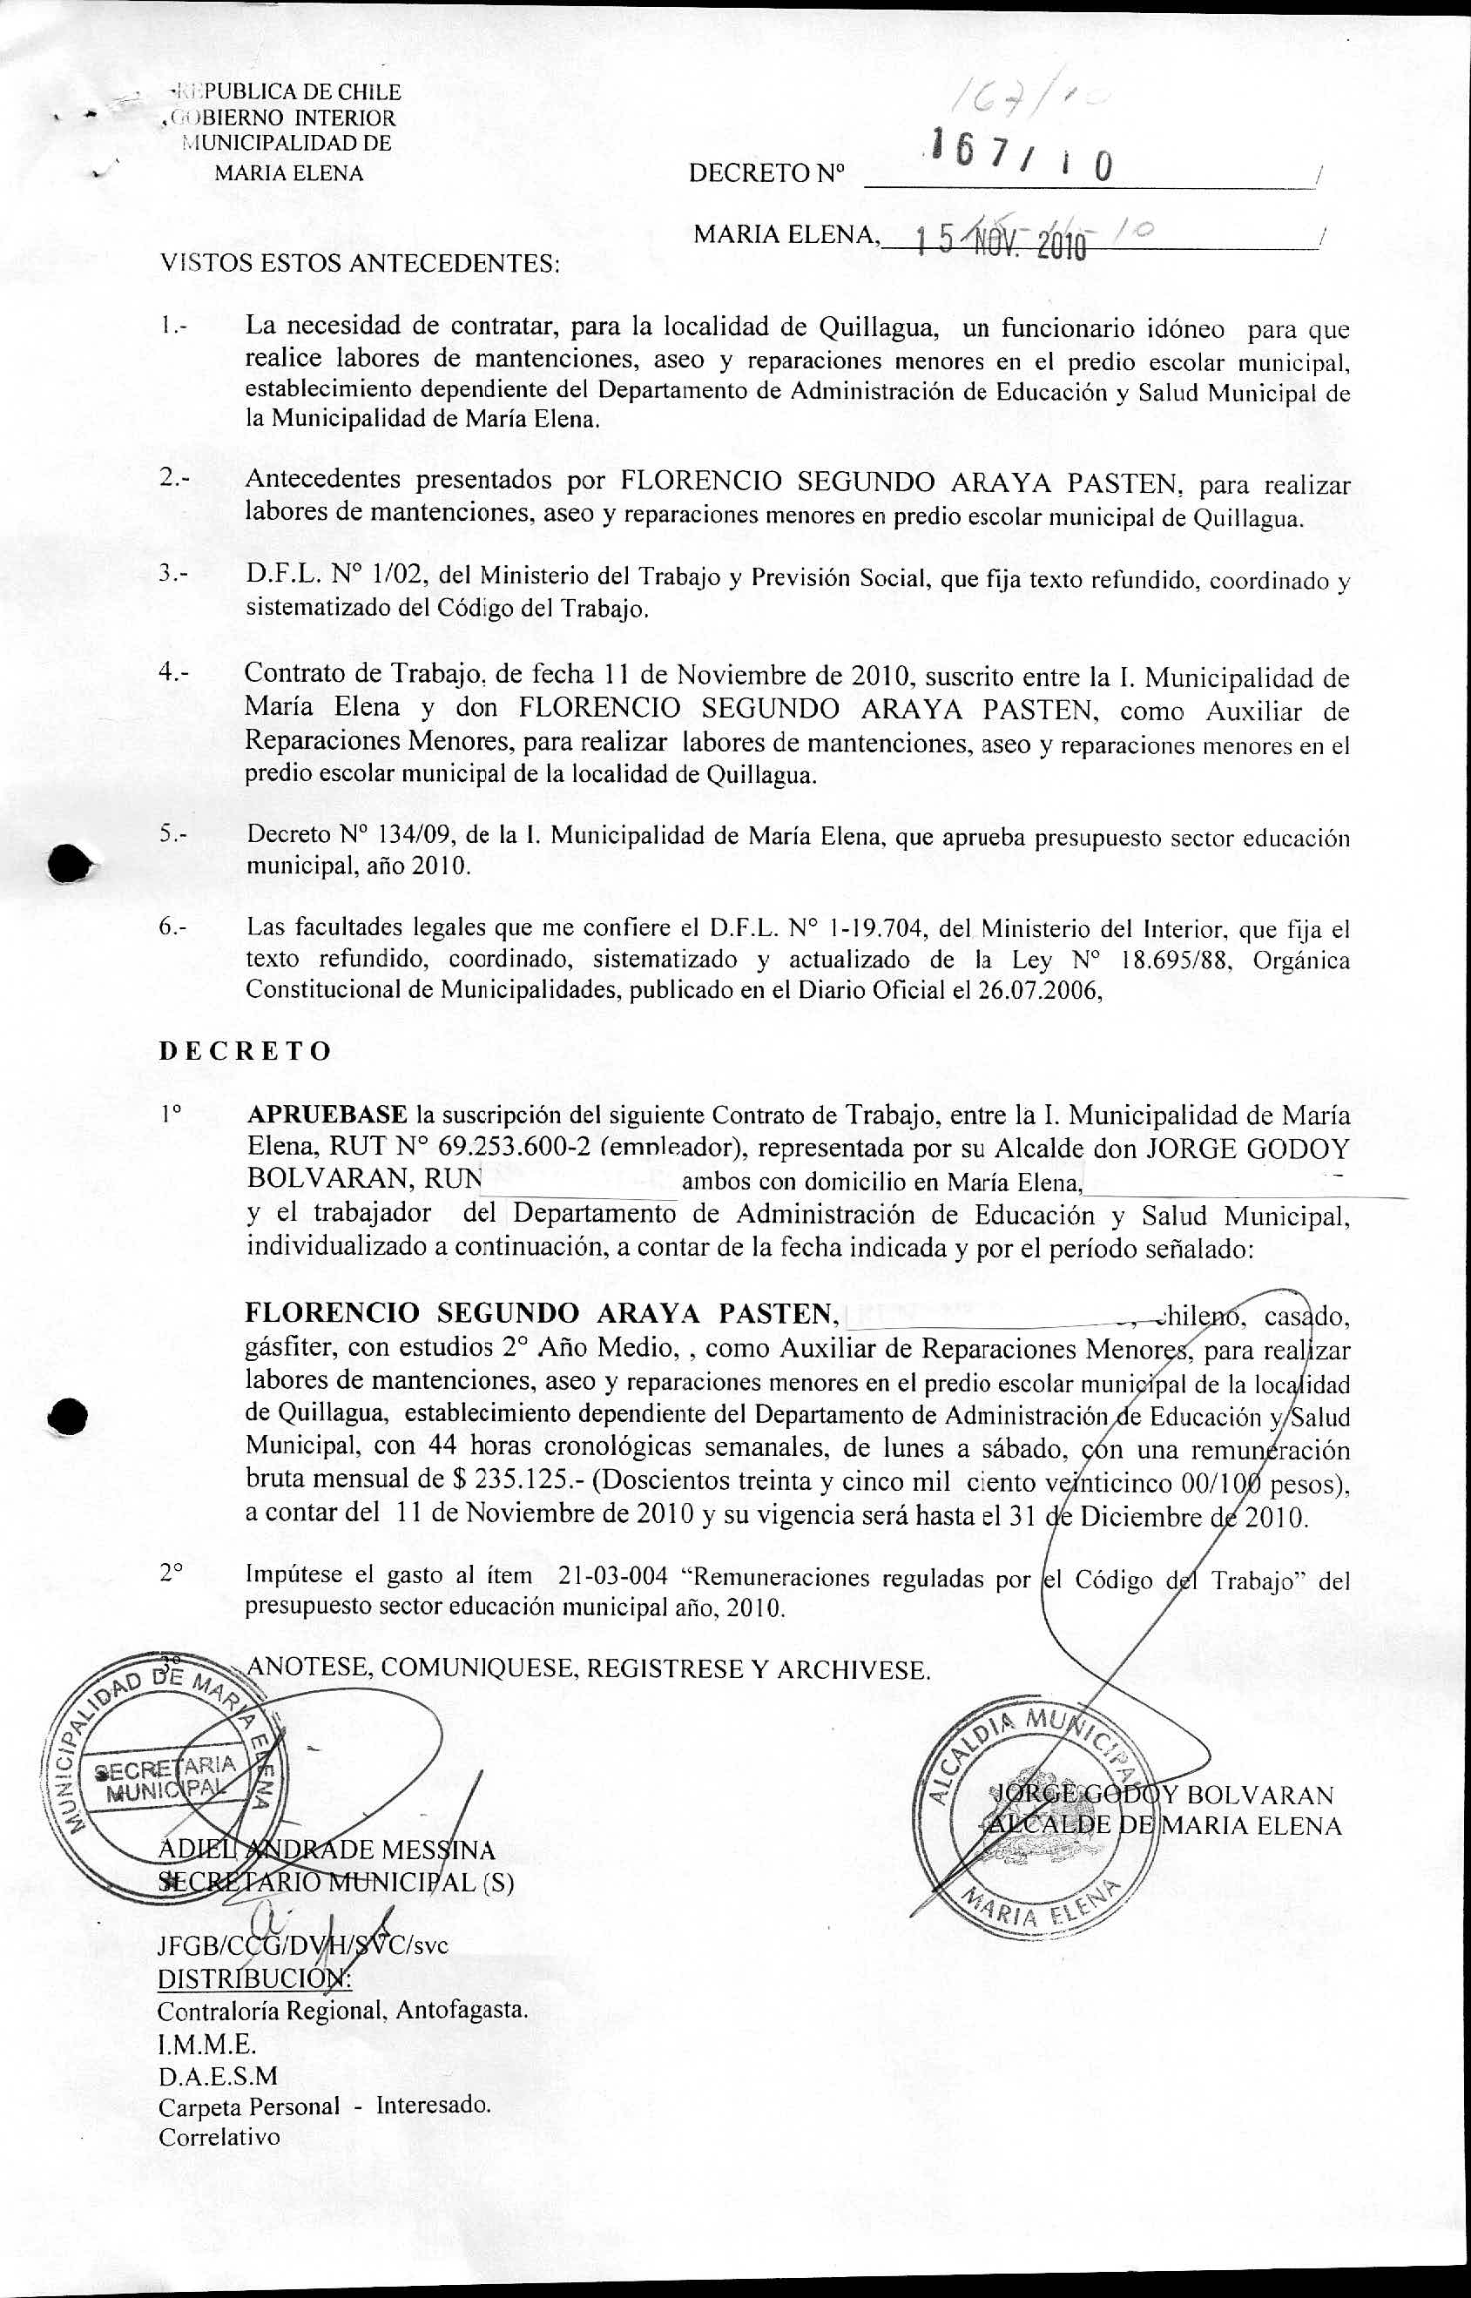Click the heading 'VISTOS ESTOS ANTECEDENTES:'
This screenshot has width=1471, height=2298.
point(359,264)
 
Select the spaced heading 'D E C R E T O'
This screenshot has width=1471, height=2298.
point(245,1052)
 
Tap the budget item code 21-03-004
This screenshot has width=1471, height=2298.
point(612,1577)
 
